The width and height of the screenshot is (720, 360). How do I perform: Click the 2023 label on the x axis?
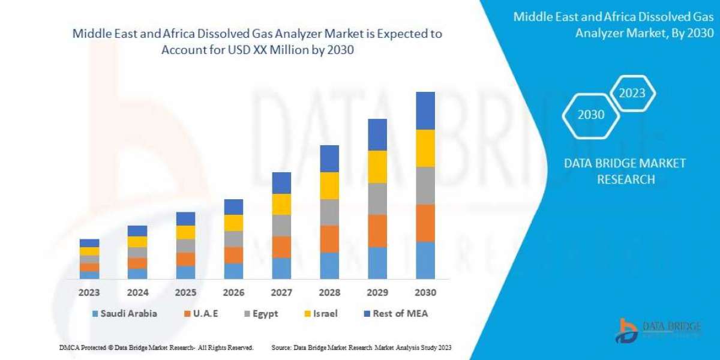[89, 293]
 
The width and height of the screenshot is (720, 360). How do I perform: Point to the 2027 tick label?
[281, 293]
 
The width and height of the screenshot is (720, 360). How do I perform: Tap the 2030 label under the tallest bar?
[425, 293]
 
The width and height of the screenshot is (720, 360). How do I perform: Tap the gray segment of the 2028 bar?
[329, 212]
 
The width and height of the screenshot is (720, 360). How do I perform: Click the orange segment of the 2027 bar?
[281, 247]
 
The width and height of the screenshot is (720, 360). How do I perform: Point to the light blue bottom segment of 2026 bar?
[233, 271]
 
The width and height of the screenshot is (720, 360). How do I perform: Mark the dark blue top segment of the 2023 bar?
[89, 243]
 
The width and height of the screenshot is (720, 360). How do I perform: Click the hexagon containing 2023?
[632, 93]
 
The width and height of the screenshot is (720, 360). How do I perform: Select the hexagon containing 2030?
[591, 114]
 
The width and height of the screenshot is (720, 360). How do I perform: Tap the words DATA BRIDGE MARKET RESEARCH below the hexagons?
[625, 171]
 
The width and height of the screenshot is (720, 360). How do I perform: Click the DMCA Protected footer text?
[156, 347]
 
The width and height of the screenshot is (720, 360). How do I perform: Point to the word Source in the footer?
[281, 347]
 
